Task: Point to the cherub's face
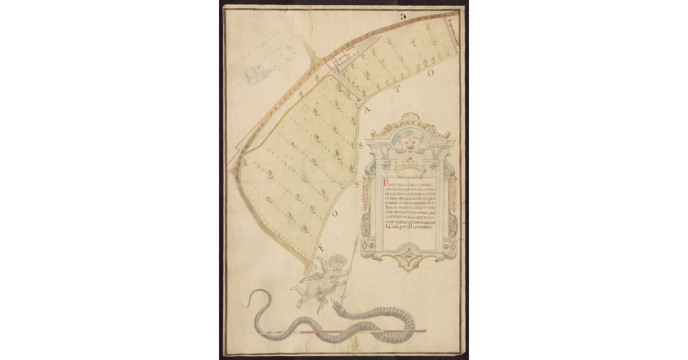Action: pos(339,265)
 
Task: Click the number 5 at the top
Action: pos(403,17)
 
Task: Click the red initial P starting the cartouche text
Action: pos(384,183)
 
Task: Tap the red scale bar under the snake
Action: pos(344,332)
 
